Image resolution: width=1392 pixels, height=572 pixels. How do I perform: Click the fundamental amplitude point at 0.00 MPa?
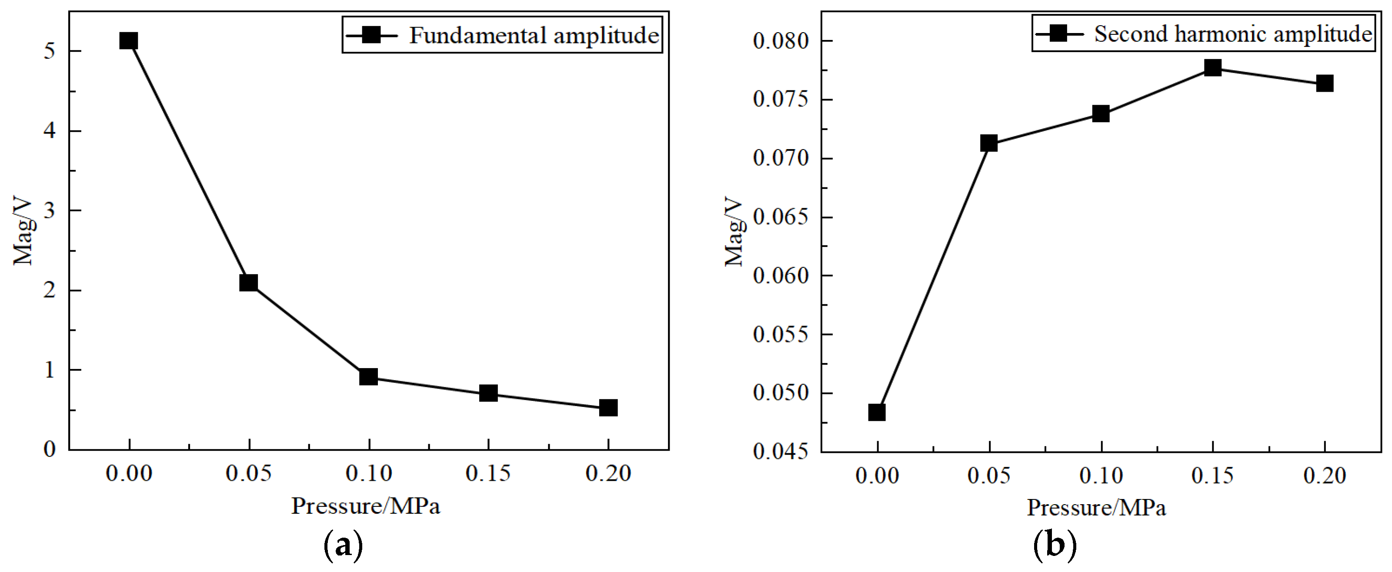pos(129,40)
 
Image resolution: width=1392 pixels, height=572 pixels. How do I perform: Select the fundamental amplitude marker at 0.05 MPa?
pos(249,283)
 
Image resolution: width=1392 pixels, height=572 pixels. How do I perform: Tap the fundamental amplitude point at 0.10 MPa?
pos(368,376)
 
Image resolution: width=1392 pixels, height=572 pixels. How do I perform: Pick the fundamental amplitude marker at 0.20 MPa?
pos(608,408)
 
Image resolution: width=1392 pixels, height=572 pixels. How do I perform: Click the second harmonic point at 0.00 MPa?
pos(877,412)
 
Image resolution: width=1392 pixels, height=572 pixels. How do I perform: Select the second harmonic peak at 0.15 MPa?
pos(1212,67)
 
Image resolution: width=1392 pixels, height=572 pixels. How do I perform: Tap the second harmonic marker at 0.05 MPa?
pos(989,143)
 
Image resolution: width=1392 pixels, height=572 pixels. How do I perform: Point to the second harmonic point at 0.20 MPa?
pos(1325,83)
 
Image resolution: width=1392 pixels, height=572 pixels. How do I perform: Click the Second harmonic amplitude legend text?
pos(1232,34)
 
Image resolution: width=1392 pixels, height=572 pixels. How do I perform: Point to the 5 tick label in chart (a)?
pos(50,51)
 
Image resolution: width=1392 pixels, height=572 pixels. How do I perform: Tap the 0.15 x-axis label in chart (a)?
pos(488,474)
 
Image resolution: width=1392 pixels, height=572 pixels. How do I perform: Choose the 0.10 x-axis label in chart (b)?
pos(1101,476)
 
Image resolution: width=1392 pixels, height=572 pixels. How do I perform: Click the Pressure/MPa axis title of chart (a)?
pos(366,506)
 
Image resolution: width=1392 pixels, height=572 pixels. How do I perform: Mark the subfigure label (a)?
pos(343,546)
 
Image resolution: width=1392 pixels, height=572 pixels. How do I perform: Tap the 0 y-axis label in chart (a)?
pos(50,449)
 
